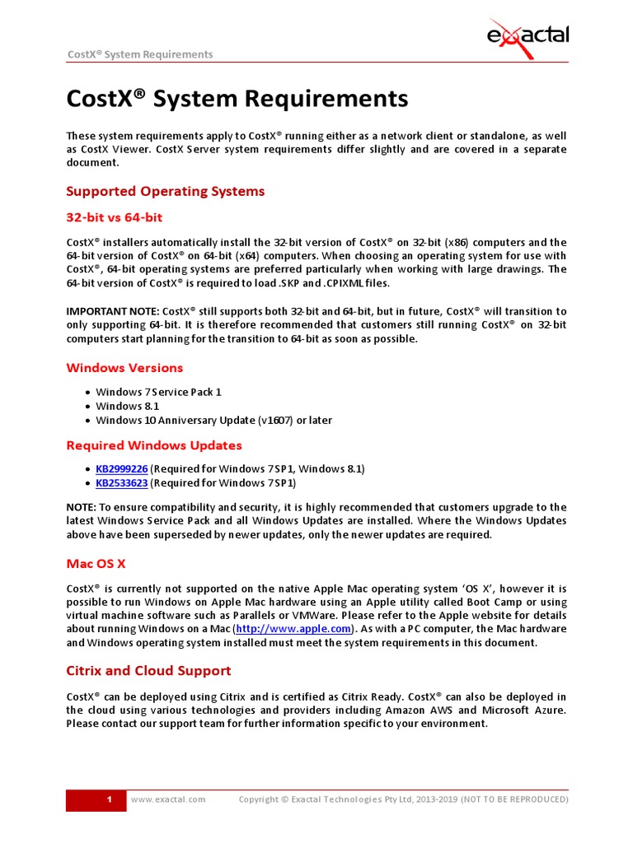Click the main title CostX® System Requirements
(237, 99)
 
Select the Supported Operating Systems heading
(165, 191)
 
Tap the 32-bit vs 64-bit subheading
(114, 217)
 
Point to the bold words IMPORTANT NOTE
(113, 311)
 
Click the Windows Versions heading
(124, 367)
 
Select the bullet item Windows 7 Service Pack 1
(158, 392)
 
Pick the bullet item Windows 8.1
(127, 406)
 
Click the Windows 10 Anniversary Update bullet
(213, 420)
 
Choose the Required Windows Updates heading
(153, 445)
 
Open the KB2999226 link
(121, 468)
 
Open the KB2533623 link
(121, 482)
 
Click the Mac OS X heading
(96, 564)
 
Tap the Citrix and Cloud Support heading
(148, 670)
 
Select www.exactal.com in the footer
(168, 799)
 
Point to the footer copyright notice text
(403, 799)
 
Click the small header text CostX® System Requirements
(139, 54)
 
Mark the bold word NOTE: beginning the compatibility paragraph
(81, 506)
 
